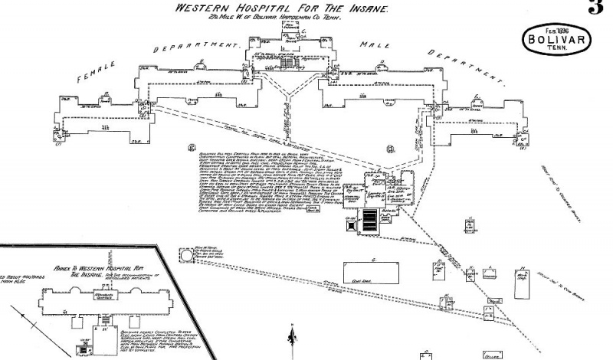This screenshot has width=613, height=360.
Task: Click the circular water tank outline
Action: tap(187, 255)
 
